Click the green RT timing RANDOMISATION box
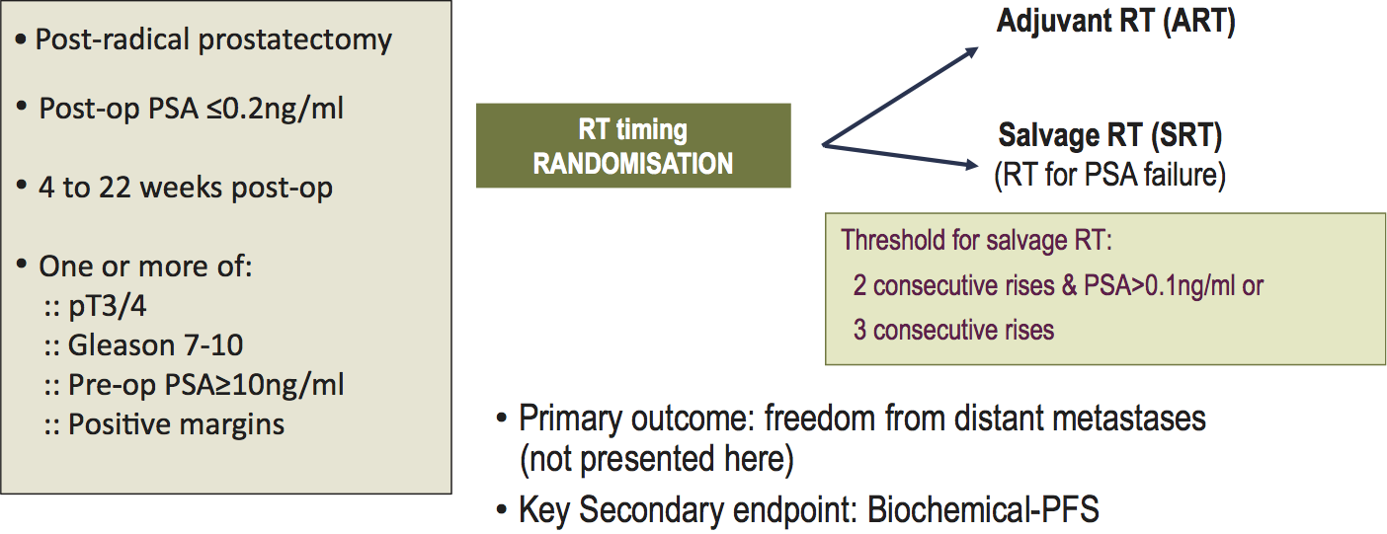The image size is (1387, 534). click(633, 145)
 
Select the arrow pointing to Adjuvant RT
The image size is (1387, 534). click(900, 97)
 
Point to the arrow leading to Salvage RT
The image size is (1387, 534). click(900, 155)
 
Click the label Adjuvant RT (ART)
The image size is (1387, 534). click(1115, 21)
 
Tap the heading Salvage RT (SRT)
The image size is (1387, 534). click(1110, 135)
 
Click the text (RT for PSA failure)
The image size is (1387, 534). click(1109, 175)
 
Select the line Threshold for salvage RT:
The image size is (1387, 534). click(976, 240)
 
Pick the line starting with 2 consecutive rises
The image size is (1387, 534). click(1058, 286)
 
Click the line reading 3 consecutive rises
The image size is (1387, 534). click(953, 330)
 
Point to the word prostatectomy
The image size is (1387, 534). click(294, 39)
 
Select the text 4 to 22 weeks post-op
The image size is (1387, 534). click(185, 187)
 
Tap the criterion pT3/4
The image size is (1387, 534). click(107, 306)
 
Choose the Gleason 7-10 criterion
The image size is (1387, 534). click(155, 345)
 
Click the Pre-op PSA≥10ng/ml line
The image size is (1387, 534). click(205, 385)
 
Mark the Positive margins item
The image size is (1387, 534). click(176, 424)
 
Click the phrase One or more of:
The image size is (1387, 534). click(145, 267)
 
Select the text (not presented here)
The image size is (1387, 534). click(656, 459)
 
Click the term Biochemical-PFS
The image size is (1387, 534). click(983, 510)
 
